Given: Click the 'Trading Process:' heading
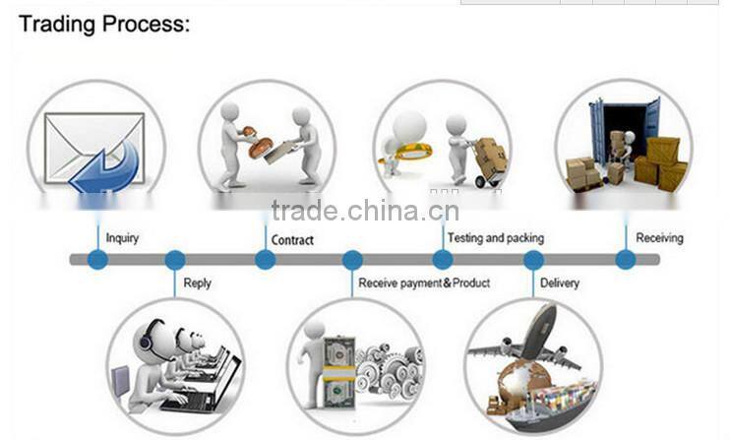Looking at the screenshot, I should (x=104, y=24).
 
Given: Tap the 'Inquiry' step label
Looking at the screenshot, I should (x=122, y=237).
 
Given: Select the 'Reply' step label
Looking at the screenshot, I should (x=197, y=283).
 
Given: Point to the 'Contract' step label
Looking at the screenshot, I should (x=292, y=239).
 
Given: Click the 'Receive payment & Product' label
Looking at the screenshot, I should (x=424, y=283).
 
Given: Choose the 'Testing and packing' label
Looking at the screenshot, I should (x=495, y=237).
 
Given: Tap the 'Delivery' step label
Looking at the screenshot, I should (x=560, y=283).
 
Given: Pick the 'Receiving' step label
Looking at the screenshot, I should (x=659, y=237).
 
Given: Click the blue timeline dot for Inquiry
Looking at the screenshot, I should (x=97, y=260).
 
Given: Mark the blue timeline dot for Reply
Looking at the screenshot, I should (x=175, y=260).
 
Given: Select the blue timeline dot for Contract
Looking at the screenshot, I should (x=265, y=260).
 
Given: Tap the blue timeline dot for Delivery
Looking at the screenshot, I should (x=533, y=260).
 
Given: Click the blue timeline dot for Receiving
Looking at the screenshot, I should (x=625, y=260).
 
